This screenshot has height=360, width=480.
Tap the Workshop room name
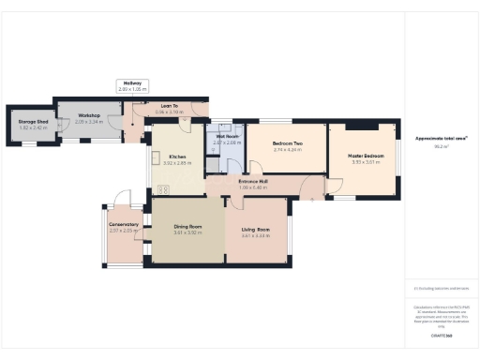coord(89,116)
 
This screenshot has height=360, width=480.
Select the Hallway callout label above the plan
coord(132,83)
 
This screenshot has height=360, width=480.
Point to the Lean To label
coord(171,105)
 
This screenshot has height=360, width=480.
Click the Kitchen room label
coord(177,157)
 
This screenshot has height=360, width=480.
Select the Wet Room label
coord(227,137)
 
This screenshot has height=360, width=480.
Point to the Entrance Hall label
coord(253,180)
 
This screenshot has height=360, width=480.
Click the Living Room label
coord(255,230)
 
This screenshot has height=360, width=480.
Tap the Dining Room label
coord(188,226)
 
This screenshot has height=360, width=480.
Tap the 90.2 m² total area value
coord(438,146)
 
